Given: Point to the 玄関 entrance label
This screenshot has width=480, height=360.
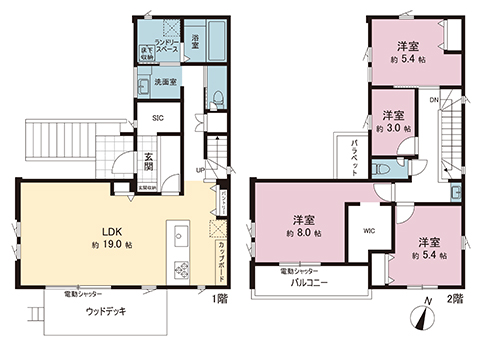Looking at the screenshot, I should [148, 160].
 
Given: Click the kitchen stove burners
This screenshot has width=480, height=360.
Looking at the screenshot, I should [182, 268].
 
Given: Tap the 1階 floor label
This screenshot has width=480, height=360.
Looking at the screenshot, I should [219, 298].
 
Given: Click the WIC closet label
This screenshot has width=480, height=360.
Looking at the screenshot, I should [368, 229].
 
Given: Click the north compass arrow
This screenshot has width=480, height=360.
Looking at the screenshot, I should [425, 317].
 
